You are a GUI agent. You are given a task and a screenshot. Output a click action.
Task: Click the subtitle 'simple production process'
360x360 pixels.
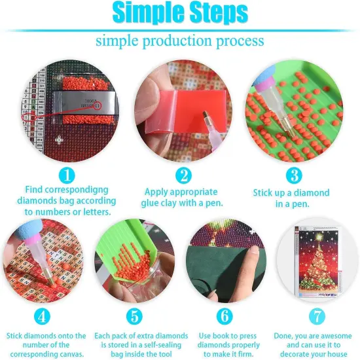[180, 41]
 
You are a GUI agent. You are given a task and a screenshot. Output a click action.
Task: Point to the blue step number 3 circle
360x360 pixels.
[295, 175]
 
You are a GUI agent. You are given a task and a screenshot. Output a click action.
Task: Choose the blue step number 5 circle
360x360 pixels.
[134, 316]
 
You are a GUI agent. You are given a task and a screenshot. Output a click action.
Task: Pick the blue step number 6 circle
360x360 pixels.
[224, 316]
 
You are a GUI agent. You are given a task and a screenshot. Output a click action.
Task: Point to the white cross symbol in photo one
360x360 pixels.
[60, 140]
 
